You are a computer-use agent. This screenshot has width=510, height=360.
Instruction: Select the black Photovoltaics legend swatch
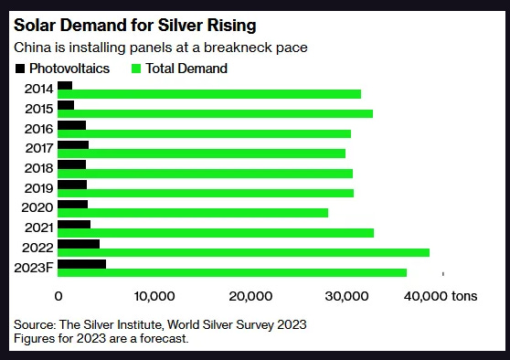click(x=19, y=69)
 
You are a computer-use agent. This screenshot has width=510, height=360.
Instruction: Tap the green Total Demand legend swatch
click(x=139, y=69)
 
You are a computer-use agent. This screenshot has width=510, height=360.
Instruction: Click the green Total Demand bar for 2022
click(x=243, y=252)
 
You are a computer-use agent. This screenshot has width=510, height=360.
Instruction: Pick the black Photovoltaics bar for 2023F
click(x=81, y=264)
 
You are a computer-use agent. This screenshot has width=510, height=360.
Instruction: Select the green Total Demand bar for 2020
click(x=192, y=213)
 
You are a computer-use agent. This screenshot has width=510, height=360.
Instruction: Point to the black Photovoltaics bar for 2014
click(x=64, y=86)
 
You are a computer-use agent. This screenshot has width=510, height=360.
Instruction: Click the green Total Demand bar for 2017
click(x=201, y=154)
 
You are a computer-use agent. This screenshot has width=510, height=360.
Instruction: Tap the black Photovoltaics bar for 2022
click(x=78, y=244)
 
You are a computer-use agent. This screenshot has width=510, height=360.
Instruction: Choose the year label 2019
click(x=38, y=187)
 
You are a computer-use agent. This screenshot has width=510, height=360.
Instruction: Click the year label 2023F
click(x=35, y=267)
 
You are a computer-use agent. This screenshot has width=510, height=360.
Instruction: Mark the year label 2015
click(x=38, y=108)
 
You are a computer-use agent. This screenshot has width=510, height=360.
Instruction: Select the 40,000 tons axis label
click(x=441, y=296)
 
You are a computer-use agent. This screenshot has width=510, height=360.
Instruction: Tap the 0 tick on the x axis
click(x=58, y=296)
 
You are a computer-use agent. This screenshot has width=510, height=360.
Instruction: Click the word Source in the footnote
click(x=34, y=324)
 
